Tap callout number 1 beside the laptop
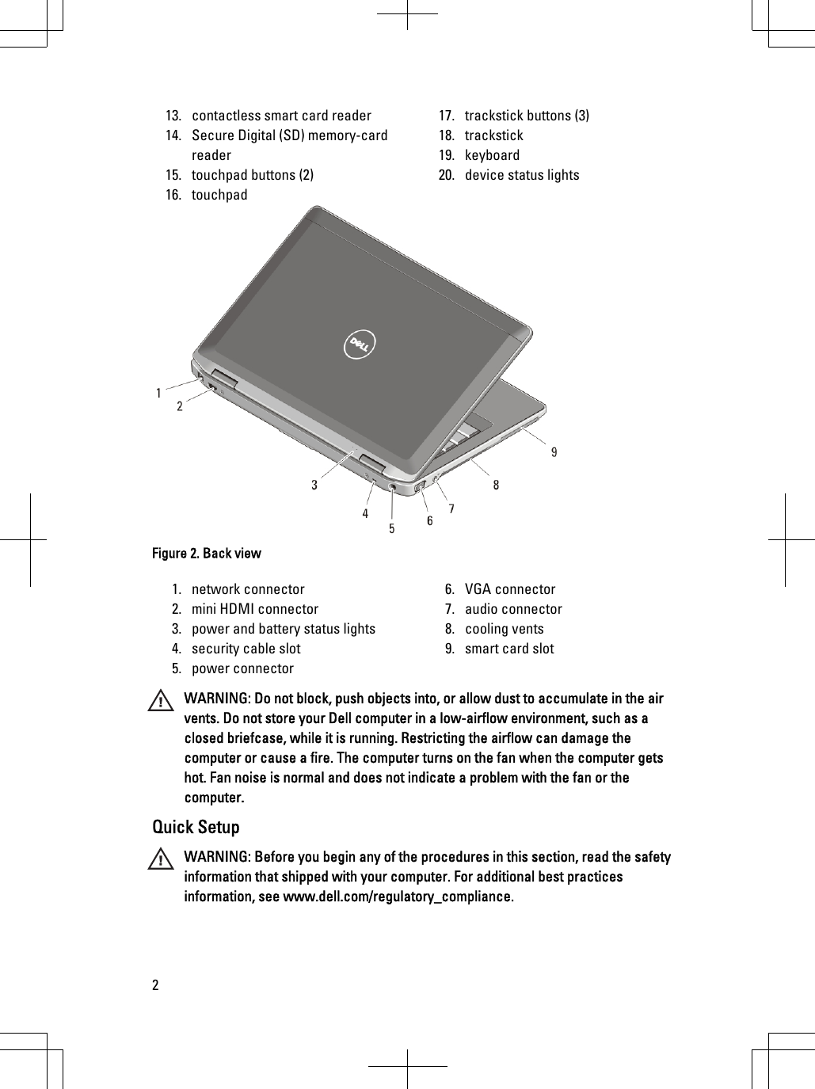[159, 392]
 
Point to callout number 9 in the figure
[554, 452]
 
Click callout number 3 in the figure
[314, 485]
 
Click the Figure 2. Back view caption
[206, 553]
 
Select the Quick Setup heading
[196, 827]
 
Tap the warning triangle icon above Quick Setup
[162, 702]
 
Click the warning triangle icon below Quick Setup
[162, 860]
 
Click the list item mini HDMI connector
[254, 609]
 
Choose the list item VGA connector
[509, 589]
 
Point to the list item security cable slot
[246, 649]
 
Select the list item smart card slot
[509, 649]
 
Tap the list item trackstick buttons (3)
[526, 116]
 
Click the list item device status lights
[521, 175]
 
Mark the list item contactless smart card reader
[281, 116]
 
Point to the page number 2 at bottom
[155, 985]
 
